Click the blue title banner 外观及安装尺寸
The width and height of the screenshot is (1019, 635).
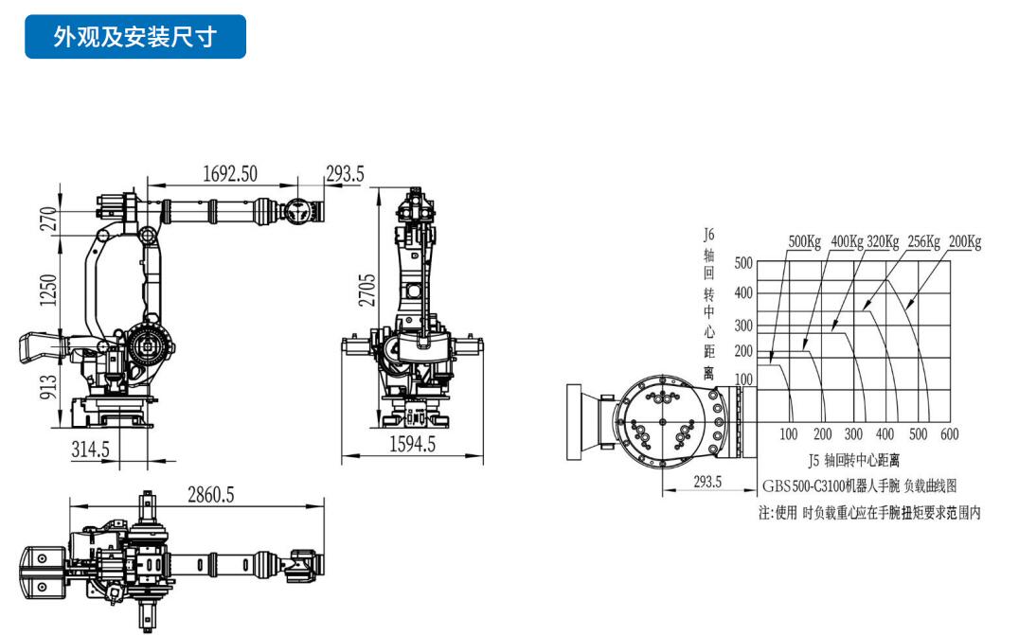point(135,36)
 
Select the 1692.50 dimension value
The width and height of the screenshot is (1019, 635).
point(230,174)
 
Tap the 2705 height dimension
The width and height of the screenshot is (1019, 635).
point(367,290)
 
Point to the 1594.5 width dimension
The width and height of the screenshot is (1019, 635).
point(412,444)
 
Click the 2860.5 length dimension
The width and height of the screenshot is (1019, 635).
point(210,495)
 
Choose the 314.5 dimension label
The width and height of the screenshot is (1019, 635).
point(90,449)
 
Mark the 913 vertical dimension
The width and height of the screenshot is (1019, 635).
point(48,386)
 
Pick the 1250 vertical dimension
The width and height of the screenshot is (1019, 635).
point(48,290)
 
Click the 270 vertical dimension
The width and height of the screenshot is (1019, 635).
point(48,219)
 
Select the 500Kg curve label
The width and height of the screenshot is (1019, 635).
point(805,241)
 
